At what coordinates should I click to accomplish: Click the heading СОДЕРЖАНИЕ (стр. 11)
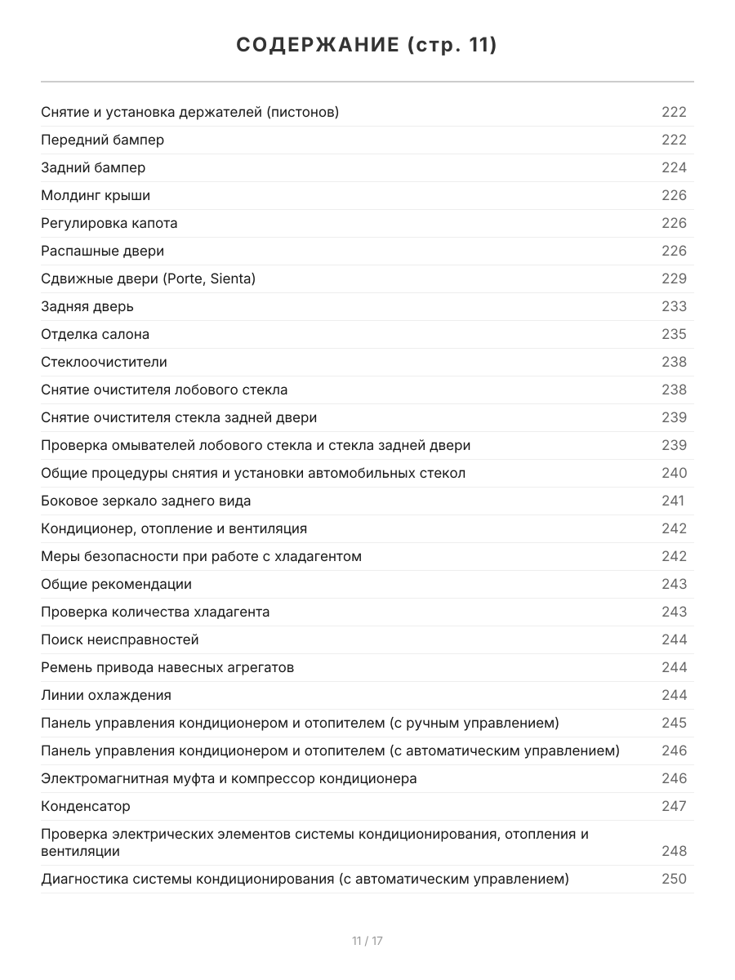click(x=367, y=46)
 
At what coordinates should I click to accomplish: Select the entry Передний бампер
click(x=102, y=140)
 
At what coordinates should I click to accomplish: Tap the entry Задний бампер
click(x=93, y=167)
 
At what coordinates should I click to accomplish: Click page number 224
click(x=674, y=167)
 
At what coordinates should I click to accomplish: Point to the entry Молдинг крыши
click(x=96, y=195)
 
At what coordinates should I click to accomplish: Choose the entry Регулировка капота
click(x=109, y=223)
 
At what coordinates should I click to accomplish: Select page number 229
click(x=674, y=278)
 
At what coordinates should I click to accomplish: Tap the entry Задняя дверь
click(x=87, y=306)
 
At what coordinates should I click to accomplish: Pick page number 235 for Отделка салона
click(x=674, y=334)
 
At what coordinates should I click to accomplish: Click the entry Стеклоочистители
click(x=104, y=362)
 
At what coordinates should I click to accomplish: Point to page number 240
click(x=674, y=473)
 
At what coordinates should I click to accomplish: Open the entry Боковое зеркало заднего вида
click(x=145, y=501)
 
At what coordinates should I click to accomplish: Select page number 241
click(x=673, y=501)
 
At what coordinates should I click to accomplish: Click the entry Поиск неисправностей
click(x=120, y=639)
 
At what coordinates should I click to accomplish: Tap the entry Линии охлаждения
click(x=106, y=695)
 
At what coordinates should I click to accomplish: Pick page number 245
click(x=674, y=723)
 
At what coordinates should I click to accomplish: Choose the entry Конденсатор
click(x=86, y=806)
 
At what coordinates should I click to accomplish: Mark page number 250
click(x=674, y=879)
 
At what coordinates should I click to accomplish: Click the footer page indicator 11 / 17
click(x=367, y=941)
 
